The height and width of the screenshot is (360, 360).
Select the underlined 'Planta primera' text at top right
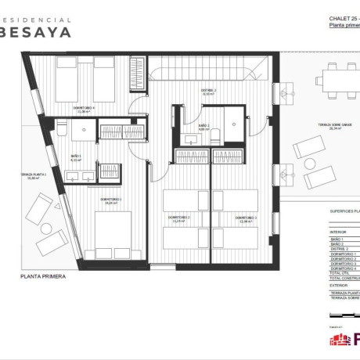[x=344, y=26]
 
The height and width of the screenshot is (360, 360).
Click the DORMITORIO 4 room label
[x=84, y=108]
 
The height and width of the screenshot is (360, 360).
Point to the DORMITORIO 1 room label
[x=110, y=200]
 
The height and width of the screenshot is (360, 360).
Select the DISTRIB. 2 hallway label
[x=208, y=91]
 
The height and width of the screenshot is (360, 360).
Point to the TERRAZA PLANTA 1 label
[x=34, y=175]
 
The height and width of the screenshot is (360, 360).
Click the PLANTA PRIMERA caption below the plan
[x=43, y=276]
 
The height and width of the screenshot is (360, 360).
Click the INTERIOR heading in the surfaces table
[x=338, y=232]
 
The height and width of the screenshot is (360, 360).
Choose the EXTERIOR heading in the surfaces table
[x=339, y=285]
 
